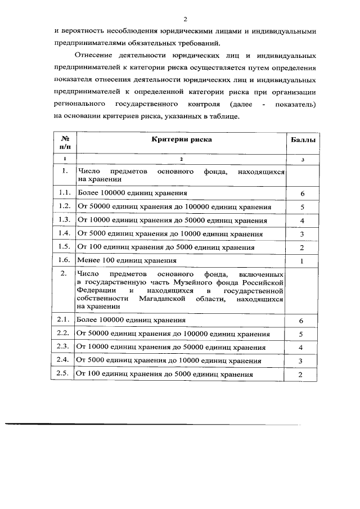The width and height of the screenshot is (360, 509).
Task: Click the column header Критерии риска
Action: (x=181, y=139)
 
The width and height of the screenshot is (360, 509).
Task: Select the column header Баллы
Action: (x=302, y=139)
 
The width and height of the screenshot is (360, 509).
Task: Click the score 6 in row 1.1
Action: (x=302, y=193)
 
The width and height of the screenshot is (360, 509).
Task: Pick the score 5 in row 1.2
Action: (x=302, y=207)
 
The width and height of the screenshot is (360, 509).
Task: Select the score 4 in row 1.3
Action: (x=302, y=220)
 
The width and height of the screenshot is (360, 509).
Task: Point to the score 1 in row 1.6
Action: (x=302, y=261)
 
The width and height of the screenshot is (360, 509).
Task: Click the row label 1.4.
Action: (x=64, y=233)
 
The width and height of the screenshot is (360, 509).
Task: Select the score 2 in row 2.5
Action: (x=301, y=375)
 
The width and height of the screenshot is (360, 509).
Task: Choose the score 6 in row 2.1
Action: (x=301, y=321)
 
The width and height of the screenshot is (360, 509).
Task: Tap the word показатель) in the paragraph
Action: (x=296, y=105)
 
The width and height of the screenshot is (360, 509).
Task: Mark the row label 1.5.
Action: (x=64, y=247)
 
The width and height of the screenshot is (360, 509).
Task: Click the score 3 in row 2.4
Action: (x=301, y=361)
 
